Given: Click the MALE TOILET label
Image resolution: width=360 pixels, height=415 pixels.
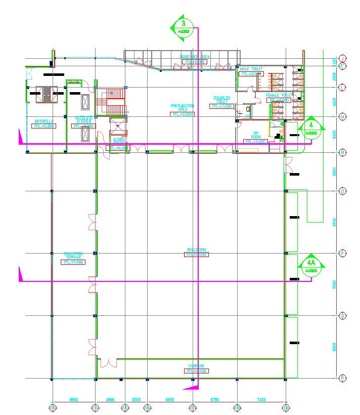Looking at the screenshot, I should pos(251,69).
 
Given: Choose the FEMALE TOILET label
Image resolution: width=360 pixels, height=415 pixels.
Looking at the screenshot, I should pos(279,95).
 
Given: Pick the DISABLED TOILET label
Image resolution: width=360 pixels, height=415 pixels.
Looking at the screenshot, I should pos(222,100).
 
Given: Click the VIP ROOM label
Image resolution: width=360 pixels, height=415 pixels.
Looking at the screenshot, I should pos(256,135).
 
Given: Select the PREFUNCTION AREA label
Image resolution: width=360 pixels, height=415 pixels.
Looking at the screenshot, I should pos(183,107).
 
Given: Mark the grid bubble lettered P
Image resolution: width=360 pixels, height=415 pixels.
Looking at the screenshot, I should pos(343,253).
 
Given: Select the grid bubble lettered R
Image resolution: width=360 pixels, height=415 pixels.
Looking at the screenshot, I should pos(343,378).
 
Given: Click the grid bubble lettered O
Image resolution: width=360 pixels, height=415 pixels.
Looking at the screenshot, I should pos(343,191).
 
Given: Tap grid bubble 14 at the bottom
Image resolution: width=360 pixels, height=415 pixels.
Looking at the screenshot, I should pos(96,407).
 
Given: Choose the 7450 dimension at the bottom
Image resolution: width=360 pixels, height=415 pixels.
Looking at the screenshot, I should pos(261,400).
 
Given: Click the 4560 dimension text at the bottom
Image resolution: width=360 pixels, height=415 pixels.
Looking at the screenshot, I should pos(110,400).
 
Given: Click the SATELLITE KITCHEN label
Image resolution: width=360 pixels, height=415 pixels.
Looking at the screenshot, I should pos(83,120).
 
